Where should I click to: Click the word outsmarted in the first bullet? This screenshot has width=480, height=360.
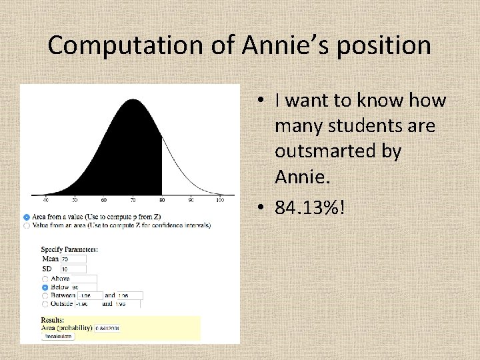338,151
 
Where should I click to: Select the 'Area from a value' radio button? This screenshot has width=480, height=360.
26,217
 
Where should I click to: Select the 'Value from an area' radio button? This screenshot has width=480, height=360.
26,225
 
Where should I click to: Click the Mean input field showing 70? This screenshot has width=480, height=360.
73,259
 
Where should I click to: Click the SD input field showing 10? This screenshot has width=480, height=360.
73,269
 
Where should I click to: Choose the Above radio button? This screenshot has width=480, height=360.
45,279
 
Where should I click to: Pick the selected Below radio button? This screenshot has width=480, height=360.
45,287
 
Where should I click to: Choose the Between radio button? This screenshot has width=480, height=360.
45,295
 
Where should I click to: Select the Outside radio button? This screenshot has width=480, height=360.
45,304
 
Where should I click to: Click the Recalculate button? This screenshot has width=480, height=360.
58,337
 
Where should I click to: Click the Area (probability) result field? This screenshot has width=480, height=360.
108,328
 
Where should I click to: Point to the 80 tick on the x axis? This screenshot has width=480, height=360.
162,199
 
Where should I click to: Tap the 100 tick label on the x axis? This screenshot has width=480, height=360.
220,199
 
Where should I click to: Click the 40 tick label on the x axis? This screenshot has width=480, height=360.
45,199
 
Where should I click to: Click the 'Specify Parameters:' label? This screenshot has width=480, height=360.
69,249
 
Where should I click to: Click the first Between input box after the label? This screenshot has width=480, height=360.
89,295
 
